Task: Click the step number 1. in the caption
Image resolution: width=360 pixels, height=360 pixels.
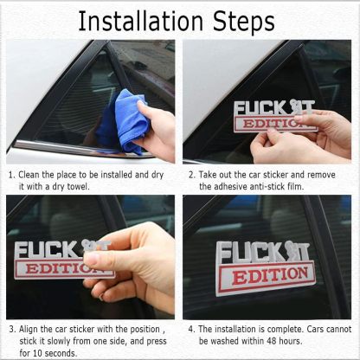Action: pos(11,174)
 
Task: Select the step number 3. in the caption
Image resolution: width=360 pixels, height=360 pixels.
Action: pos(11,330)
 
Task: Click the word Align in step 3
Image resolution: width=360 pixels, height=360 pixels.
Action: pos(34,330)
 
